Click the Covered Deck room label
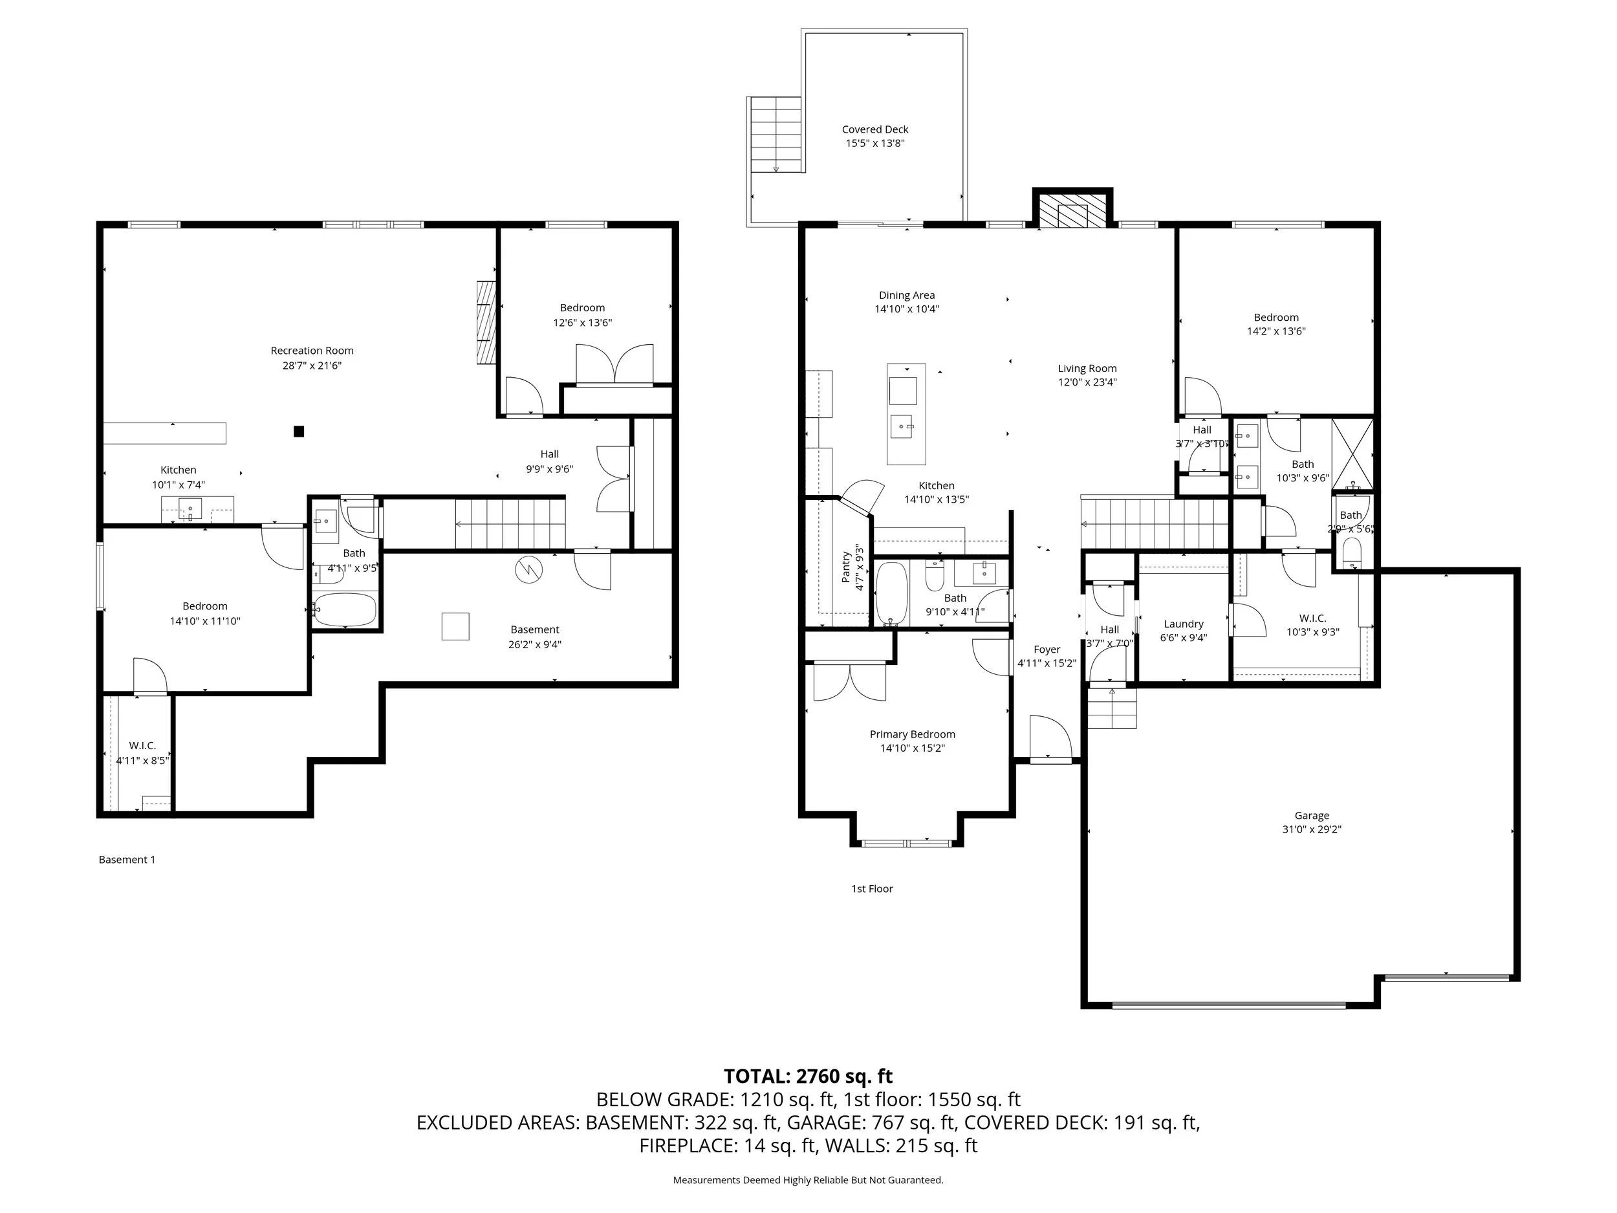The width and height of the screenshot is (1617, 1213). [875, 129]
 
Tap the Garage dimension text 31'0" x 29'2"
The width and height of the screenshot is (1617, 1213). [1312, 829]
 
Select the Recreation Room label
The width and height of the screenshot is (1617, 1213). [312, 351]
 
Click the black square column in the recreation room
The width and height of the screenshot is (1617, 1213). [298, 432]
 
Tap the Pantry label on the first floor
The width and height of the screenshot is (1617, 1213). [847, 567]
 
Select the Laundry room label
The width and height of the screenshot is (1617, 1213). [1184, 624]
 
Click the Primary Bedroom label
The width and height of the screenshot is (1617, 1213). [912, 734]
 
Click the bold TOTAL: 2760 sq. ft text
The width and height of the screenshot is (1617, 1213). [808, 1076]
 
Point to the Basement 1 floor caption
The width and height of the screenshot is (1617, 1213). [127, 860]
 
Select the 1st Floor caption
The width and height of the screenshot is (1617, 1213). [872, 888]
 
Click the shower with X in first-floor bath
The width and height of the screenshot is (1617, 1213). [1352, 454]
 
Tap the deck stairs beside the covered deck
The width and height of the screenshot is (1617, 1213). [776, 135]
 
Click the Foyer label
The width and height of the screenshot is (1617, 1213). [1047, 650]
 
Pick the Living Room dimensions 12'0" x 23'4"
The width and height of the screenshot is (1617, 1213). [1087, 382]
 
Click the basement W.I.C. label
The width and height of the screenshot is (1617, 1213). [142, 746]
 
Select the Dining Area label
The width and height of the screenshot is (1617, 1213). [906, 296]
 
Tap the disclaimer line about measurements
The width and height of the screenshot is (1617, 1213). [808, 1180]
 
